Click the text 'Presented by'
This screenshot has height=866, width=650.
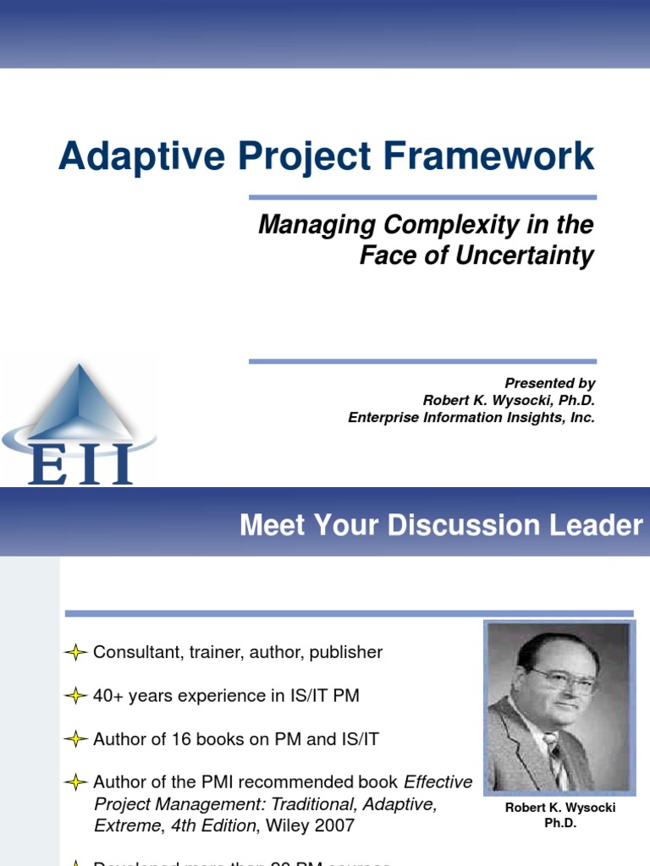pyautogui.click(x=550, y=383)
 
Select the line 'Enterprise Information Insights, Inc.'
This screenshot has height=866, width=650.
pyautogui.click(x=471, y=417)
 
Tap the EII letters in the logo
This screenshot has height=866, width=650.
pyautogui.click(x=80, y=463)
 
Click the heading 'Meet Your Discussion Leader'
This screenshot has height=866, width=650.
pyautogui.click(x=441, y=525)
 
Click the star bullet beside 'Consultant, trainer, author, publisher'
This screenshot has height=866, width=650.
pyautogui.click(x=76, y=652)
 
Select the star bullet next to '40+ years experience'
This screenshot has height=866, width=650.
pyautogui.click(x=76, y=696)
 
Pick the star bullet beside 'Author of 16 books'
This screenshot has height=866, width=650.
pyautogui.click(x=76, y=739)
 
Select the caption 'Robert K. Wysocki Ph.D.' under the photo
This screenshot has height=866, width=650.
pyautogui.click(x=559, y=815)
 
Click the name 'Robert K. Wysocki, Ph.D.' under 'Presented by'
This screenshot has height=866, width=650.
pyautogui.click(x=509, y=400)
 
